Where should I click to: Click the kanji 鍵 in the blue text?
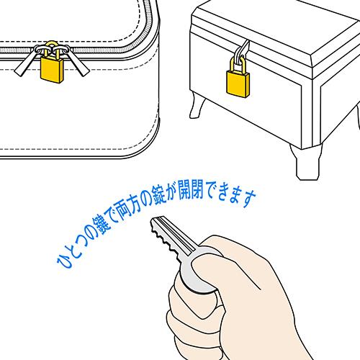(100, 226)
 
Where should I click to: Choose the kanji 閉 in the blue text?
(200, 189)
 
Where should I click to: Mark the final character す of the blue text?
(249, 197)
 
